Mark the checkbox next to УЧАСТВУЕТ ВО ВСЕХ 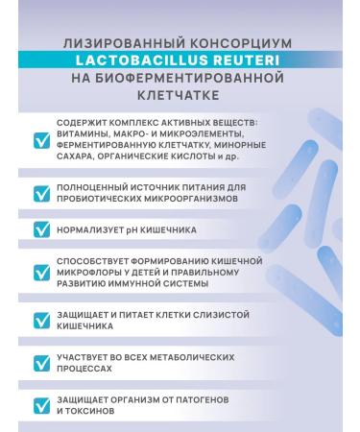[42, 363]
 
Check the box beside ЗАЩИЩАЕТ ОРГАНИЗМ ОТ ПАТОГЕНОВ [42, 404]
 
